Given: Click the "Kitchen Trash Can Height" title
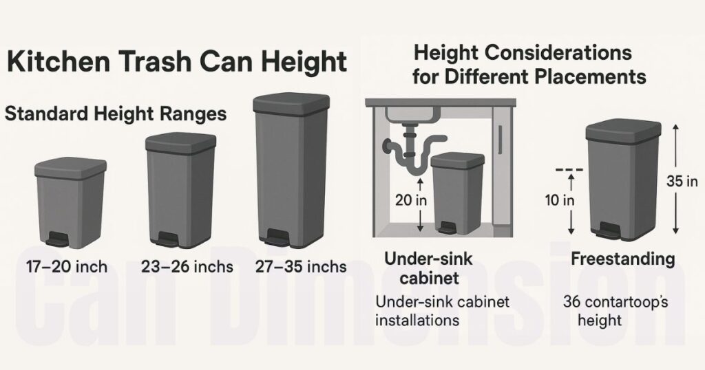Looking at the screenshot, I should click(176, 62).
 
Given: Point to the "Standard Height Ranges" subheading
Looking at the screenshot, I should click(116, 113).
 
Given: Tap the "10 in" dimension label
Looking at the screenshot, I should click(560, 202).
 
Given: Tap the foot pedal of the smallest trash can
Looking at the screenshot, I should click(57, 240).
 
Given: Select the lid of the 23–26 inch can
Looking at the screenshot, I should click(180, 142).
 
